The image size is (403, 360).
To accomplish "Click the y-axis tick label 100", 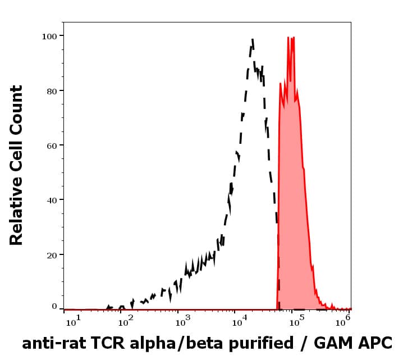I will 49,36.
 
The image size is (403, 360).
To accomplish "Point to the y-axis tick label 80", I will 52,90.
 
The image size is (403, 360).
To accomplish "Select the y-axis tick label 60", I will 52,145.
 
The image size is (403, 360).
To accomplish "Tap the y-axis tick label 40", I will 52,200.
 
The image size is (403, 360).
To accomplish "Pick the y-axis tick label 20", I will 52,254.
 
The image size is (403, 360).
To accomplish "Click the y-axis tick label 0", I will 54,307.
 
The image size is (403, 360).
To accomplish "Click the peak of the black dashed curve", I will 253,39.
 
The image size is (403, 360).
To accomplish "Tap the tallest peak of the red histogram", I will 288,38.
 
